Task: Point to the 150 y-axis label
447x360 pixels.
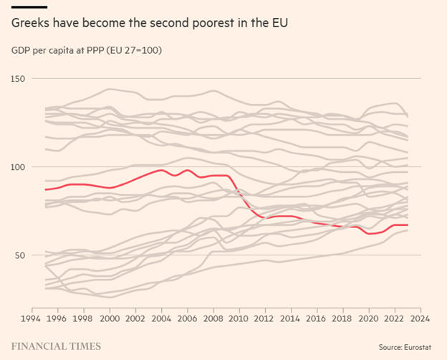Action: (x=20, y=78)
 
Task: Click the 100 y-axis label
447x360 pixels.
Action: (x=20, y=166)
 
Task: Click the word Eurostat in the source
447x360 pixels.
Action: (x=417, y=346)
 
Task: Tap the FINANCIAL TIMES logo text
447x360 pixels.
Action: (x=56, y=346)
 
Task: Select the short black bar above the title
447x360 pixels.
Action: (x=29, y=8)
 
